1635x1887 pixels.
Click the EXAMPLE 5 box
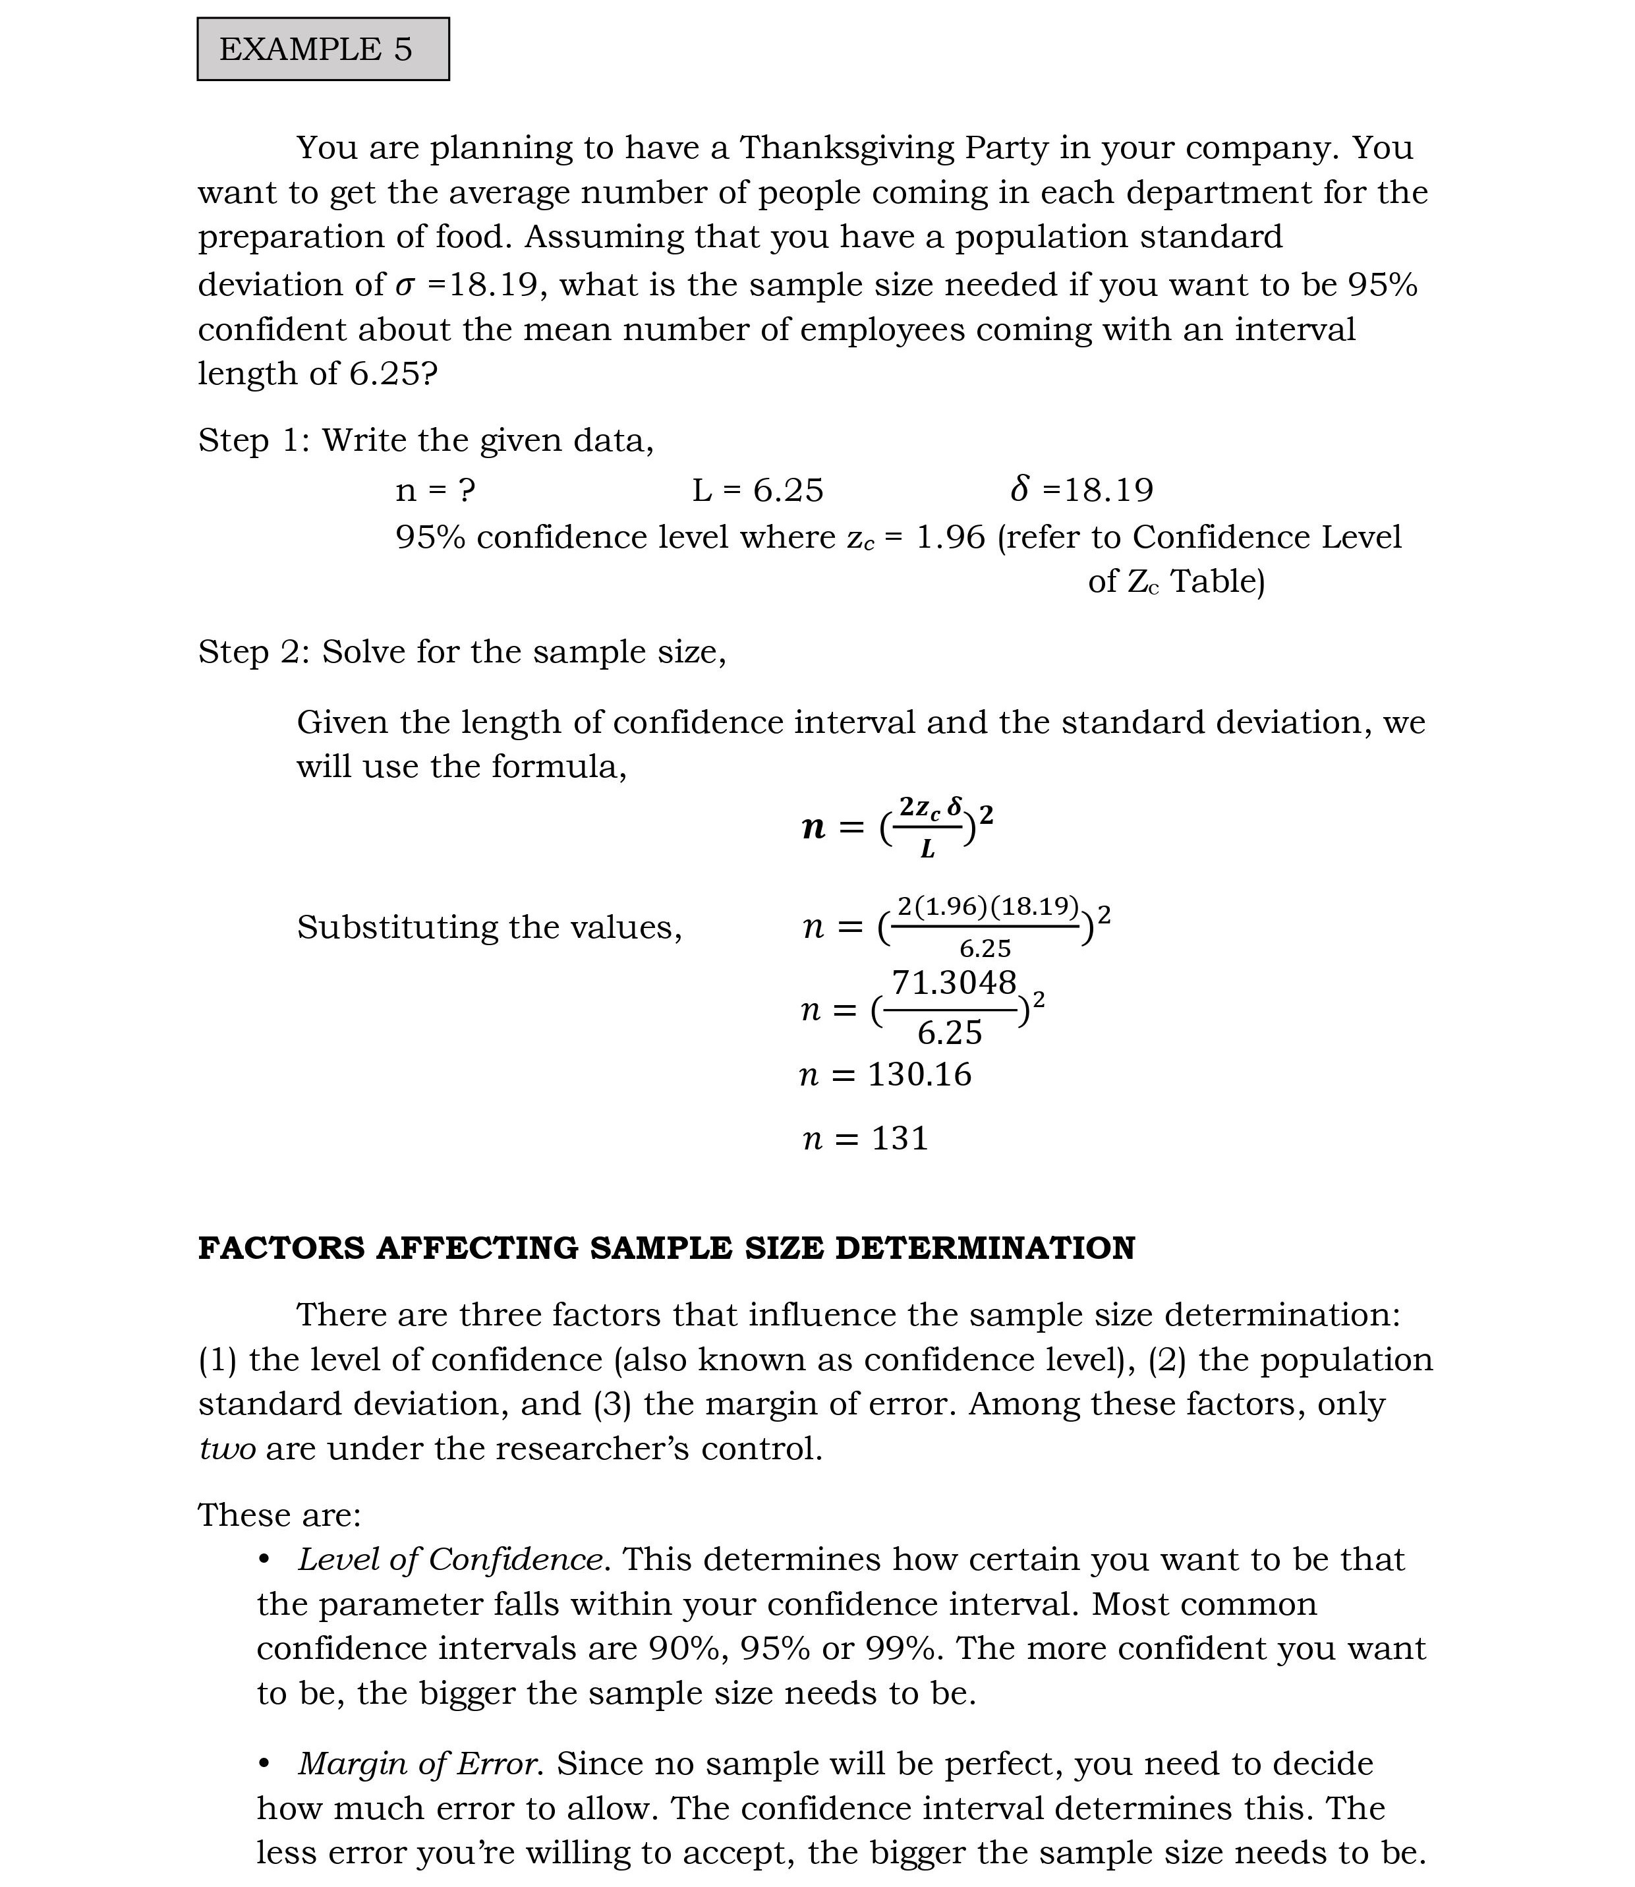tap(323, 49)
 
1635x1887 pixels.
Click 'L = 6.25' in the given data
tap(757, 491)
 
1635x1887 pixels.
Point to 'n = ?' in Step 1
tap(435, 491)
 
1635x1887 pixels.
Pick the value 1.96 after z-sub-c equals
tap(951, 537)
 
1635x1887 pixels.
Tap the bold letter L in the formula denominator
tap(928, 850)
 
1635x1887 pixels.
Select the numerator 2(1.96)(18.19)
tap(988, 906)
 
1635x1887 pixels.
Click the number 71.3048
tap(954, 983)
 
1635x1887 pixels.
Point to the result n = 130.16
tap(886, 1075)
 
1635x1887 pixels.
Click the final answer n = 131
tap(865, 1139)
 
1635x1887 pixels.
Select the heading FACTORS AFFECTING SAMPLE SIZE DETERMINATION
tap(667, 1248)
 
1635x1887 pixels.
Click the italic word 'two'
tap(227, 1449)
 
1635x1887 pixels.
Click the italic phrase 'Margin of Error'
tap(420, 1764)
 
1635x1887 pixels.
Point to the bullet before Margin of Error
tap(265, 1764)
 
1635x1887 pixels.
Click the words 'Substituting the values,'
tap(489, 927)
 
